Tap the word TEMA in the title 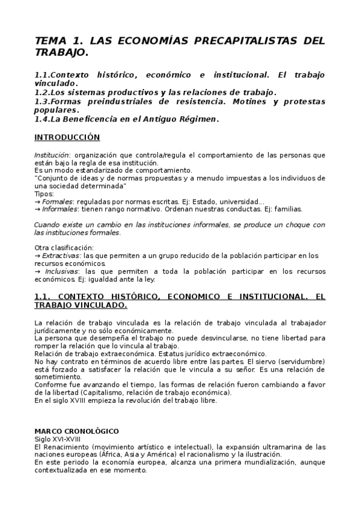(x=52, y=41)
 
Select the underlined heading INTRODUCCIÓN (x=67, y=137)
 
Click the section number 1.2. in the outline (x=44, y=92)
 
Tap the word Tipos (x=44, y=194)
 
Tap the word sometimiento (x=58, y=376)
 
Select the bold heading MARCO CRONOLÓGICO (x=76, y=431)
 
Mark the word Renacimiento (x=71, y=447)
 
